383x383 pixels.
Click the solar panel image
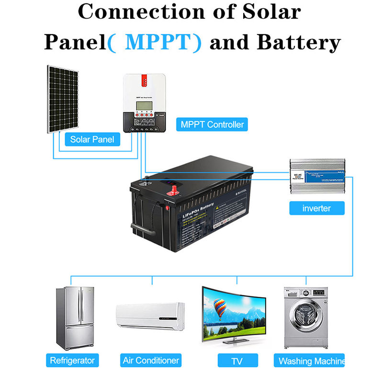click(x=62, y=99)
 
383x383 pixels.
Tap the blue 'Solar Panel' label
click(x=92, y=139)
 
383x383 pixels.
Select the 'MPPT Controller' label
click(x=212, y=124)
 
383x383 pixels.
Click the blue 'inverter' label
click(x=316, y=208)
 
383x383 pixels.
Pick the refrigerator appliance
click(x=74, y=318)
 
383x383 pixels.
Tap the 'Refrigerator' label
click(x=72, y=360)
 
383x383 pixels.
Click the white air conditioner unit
click(x=150, y=316)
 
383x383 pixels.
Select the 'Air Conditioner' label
click(x=151, y=360)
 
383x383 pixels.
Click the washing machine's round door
click(x=303, y=320)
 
